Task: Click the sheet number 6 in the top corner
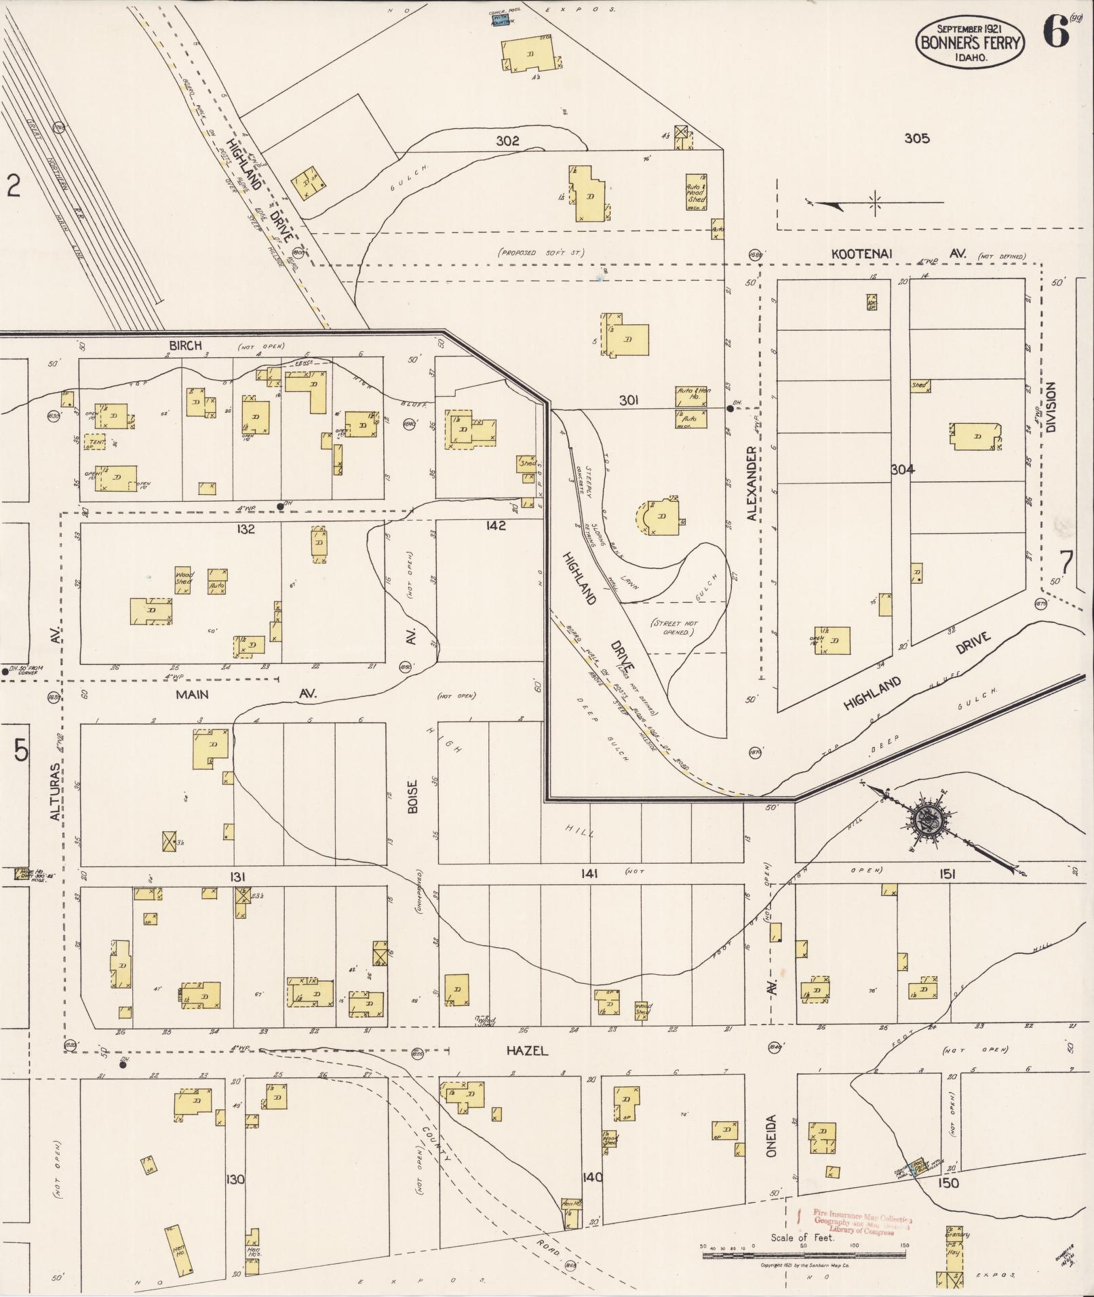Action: tap(1055, 32)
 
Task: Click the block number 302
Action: tap(507, 141)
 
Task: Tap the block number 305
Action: tap(916, 138)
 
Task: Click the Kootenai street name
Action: tap(862, 254)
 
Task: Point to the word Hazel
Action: tap(527, 1050)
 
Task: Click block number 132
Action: tap(246, 529)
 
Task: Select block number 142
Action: tap(496, 525)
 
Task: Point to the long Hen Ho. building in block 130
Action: tap(179, 1250)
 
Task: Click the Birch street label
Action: tap(185, 345)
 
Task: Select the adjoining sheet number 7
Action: tap(1066, 562)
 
